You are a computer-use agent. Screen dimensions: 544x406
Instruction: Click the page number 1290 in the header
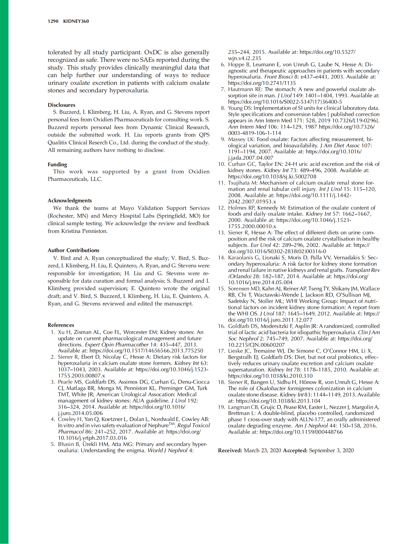[53, 21]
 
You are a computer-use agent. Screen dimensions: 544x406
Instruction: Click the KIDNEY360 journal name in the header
[76, 21]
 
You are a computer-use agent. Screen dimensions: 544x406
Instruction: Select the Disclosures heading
[61, 105]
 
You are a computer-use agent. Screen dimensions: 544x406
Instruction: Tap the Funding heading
[57, 165]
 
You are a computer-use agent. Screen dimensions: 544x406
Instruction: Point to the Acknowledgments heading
[70, 201]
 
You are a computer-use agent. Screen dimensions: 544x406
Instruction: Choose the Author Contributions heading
[73, 250]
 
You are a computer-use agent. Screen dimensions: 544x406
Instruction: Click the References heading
[61, 325]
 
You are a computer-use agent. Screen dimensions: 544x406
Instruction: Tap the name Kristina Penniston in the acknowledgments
[84, 231]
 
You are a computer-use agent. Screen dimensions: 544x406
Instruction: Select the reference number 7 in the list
[223, 89]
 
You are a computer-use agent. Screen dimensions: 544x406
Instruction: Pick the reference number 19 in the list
[221, 407]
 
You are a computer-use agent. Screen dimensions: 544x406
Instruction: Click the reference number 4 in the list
[52, 419]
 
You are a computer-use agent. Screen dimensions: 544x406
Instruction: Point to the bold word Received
[230, 450]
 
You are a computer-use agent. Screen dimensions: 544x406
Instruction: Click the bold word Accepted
[295, 450]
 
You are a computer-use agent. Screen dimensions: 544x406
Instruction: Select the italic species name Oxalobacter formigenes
[285, 388]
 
